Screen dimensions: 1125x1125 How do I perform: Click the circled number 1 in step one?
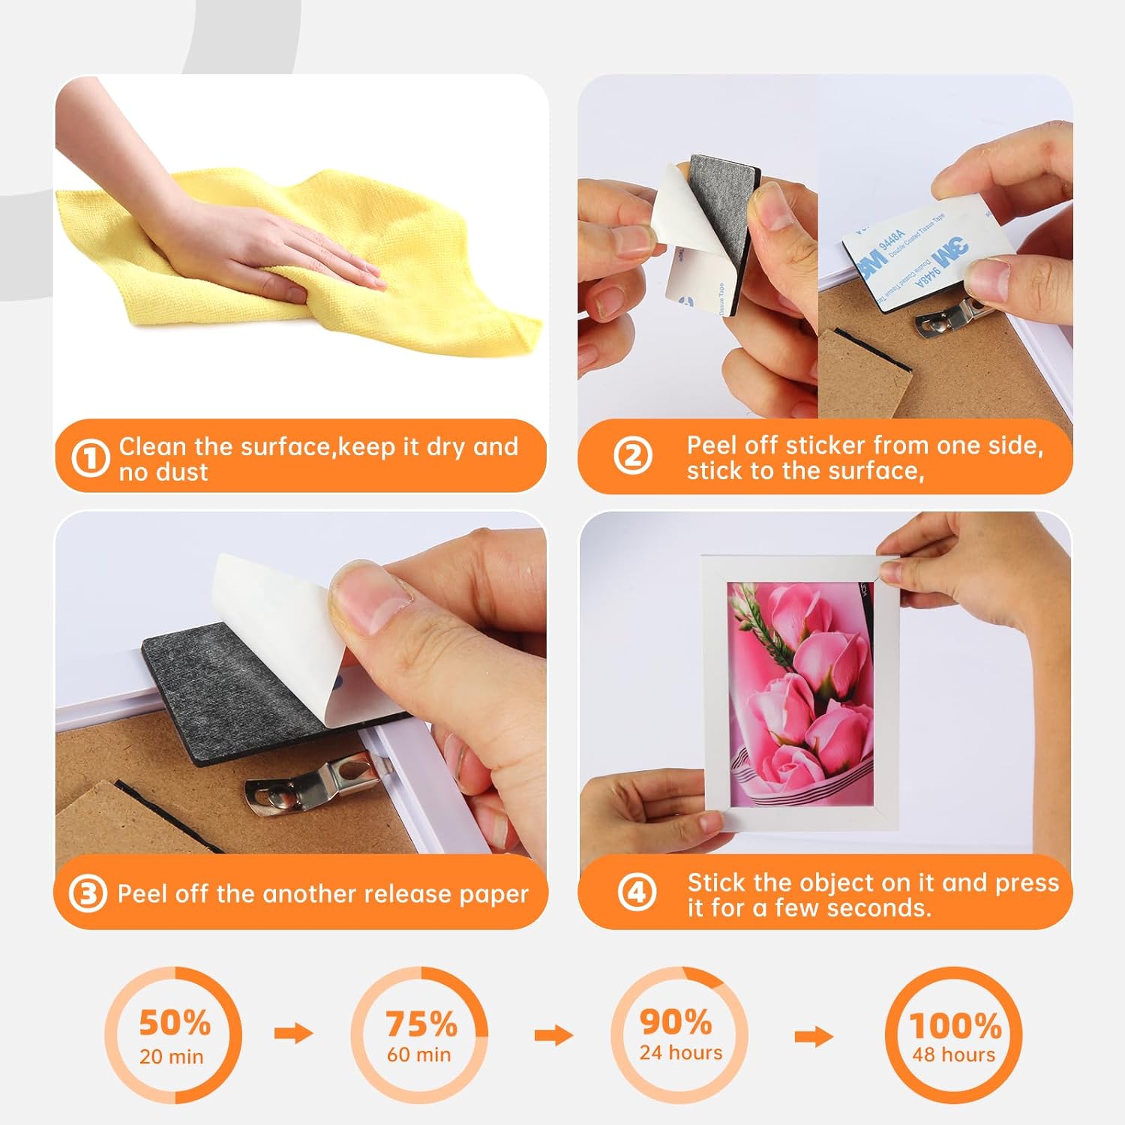[x=90, y=457]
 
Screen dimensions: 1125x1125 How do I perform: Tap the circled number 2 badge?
[x=632, y=455]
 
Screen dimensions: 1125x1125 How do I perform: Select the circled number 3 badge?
[x=88, y=893]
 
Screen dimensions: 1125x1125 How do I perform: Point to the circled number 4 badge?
[x=637, y=892]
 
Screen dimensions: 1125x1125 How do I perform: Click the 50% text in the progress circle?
[x=175, y=1022]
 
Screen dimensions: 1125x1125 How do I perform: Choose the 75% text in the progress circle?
[x=421, y=1024]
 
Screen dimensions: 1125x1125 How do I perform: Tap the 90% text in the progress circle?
[x=676, y=1021]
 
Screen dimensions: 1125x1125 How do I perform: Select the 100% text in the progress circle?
[x=955, y=1025]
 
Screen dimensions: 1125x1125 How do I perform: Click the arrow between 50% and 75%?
[x=293, y=1033]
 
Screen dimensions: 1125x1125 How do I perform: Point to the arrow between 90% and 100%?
[x=814, y=1036]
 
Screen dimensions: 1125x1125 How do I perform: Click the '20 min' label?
[x=171, y=1057]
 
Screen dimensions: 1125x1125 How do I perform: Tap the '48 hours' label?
[x=953, y=1054]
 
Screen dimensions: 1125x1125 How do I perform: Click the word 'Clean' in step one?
[x=152, y=446]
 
